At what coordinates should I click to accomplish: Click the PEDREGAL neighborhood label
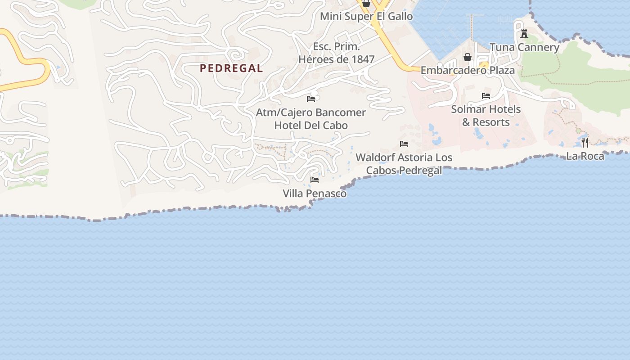point(231,68)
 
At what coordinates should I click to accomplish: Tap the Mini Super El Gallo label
point(366,17)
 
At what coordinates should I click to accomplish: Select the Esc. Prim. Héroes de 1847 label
point(337,53)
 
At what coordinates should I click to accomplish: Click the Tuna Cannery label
point(524,47)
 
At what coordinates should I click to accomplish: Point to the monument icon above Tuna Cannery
point(524,34)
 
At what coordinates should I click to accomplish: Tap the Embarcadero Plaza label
point(468,71)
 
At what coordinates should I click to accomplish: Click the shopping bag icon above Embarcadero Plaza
point(468,57)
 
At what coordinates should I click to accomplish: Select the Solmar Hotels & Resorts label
point(486,116)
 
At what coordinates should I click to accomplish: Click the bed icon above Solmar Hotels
point(486,96)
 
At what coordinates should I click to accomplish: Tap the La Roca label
point(585,156)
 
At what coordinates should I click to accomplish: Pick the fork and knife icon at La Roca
point(585,143)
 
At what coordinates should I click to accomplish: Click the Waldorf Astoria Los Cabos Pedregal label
point(404,164)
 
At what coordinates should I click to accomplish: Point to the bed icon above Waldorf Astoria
point(404,144)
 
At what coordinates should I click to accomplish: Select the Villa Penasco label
point(315,193)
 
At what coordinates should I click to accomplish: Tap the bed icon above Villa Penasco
point(315,180)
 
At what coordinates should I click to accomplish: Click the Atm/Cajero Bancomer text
point(311,112)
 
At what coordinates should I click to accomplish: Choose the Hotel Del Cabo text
point(311,125)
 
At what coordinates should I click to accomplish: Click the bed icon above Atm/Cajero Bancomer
point(311,99)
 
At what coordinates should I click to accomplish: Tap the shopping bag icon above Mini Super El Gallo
point(366,4)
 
